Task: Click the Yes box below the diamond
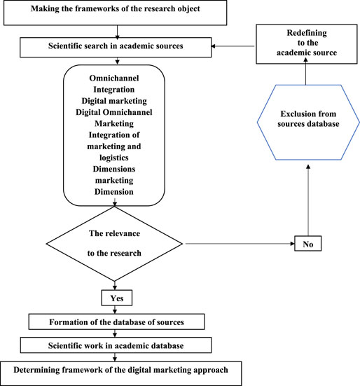117,298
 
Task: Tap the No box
308,244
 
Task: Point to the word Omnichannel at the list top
114,78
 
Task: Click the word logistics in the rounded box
114,158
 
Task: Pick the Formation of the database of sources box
117,322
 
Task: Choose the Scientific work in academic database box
116,345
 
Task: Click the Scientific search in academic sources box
116,47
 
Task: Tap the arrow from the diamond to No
240,244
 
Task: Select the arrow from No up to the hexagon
308,200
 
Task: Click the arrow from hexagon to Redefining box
306,71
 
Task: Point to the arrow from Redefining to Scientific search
233,46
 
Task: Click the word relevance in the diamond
123,233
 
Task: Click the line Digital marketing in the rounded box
114,101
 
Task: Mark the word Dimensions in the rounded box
114,169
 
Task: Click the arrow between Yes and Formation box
115,310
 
